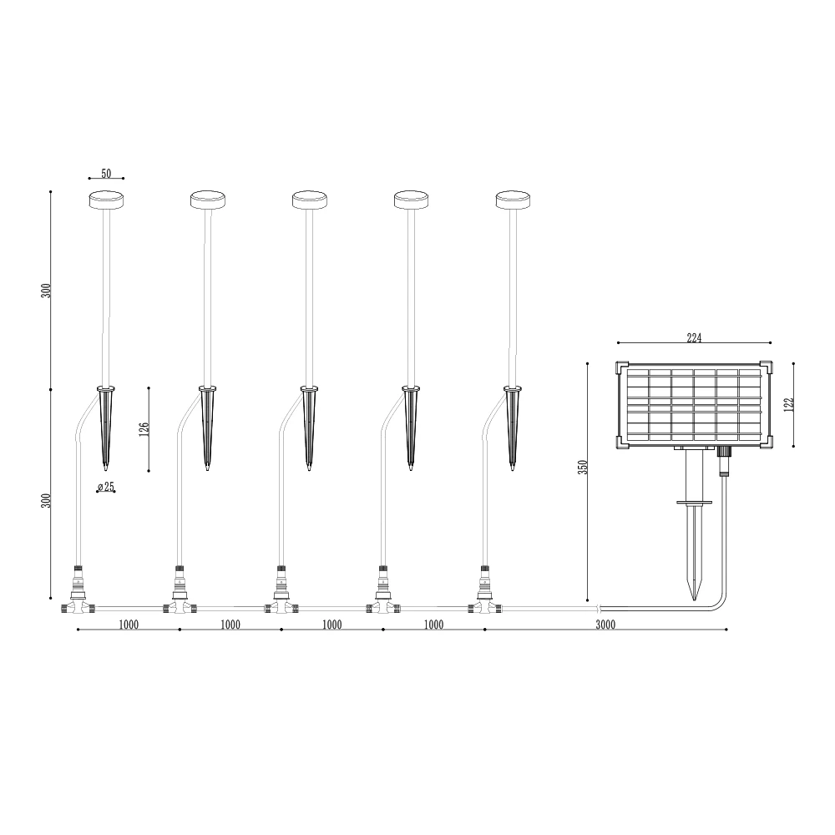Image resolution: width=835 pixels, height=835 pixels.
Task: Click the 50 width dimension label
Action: (106, 173)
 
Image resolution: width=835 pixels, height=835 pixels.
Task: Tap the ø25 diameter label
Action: (106, 486)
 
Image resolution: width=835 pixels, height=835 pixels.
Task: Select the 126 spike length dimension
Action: (144, 429)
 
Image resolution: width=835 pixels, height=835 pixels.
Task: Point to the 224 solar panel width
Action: (694, 337)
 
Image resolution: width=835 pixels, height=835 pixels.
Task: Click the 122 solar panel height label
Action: (789, 404)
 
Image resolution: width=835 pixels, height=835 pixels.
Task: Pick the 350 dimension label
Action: (583, 468)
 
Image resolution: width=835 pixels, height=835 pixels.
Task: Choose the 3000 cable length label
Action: (605, 625)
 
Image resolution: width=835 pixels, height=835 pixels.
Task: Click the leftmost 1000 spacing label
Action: (129, 625)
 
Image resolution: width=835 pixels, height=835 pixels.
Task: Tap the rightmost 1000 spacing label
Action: (433, 625)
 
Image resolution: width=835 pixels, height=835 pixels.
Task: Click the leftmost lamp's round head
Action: (106, 200)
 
